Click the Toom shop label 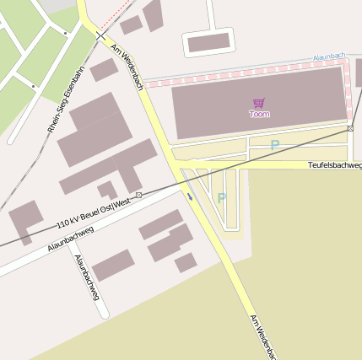click(x=259, y=114)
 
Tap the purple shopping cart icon click(x=259, y=103)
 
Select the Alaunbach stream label click(x=329, y=56)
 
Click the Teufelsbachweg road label click(x=334, y=165)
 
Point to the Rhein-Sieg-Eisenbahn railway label click(x=65, y=99)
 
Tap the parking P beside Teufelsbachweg click(x=274, y=145)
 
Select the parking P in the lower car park click(x=221, y=198)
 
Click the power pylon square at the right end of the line click(x=350, y=128)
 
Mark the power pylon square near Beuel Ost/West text click(x=138, y=195)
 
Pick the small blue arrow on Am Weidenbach click(x=190, y=197)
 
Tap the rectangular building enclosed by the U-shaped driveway click(x=208, y=42)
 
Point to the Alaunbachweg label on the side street click(x=87, y=277)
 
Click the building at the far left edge click(x=25, y=221)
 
